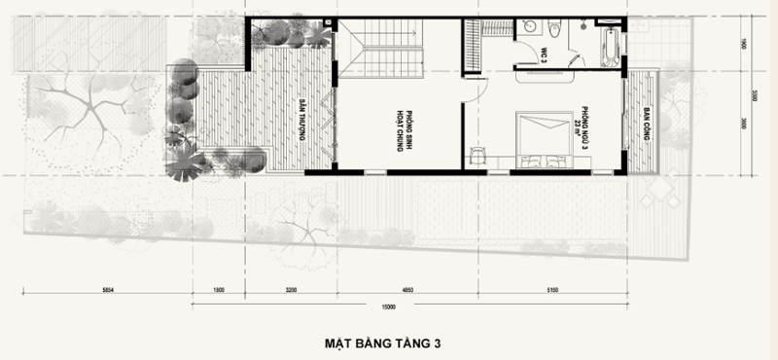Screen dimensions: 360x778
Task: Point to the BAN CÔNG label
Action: (646, 127)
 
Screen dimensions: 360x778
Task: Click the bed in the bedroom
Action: (541, 138)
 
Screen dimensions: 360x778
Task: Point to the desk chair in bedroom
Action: (477, 155)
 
